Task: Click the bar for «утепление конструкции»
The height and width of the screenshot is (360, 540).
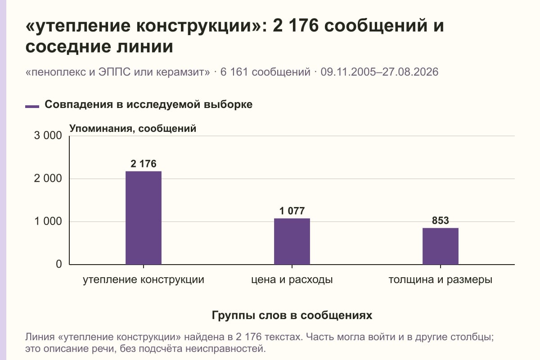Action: pyautogui.click(x=144, y=218)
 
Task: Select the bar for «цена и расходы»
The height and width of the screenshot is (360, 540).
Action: pyautogui.click(x=292, y=241)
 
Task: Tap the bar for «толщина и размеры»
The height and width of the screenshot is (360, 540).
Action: pyautogui.click(x=441, y=246)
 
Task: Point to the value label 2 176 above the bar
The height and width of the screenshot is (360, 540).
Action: pyautogui.click(x=144, y=164)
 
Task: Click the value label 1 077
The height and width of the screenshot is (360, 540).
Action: pyautogui.click(x=292, y=211)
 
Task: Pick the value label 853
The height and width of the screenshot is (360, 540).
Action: pyautogui.click(x=441, y=220)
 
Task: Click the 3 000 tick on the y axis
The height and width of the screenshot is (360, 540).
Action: pyautogui.click(x=48, y=135)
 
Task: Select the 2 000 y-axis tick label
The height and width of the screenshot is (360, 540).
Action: pyautogui.click(x=48, y=179)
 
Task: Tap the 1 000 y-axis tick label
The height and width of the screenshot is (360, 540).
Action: pyautogui.click(x=48, y=221)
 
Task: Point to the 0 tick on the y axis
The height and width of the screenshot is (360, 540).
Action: pyautogui.click(x=59, y=264)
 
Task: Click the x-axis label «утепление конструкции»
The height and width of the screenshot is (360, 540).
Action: pyautogui.click(x=144, y=280)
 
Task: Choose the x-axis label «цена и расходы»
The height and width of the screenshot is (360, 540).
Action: pyautogui.click(x=292, y=280)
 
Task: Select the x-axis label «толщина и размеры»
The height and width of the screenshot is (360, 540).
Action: pyautogui.click(x=441, y=280)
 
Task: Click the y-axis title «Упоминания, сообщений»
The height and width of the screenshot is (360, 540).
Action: pyautogui.click(x=133, y=129)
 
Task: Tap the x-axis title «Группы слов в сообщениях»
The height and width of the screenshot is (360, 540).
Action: pyautogui.click(x=292, y=315)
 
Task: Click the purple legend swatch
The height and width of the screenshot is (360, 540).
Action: pyautogui.click(x=32, y=107)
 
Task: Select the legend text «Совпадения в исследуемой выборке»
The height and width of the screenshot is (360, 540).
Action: pyautogui.click(x=148, y=104)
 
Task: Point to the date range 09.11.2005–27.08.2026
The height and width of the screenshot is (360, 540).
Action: pyautogui.click(x=379, y=72)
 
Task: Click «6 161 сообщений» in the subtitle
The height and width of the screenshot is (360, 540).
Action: pyautogui.click(x=265, y=72)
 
